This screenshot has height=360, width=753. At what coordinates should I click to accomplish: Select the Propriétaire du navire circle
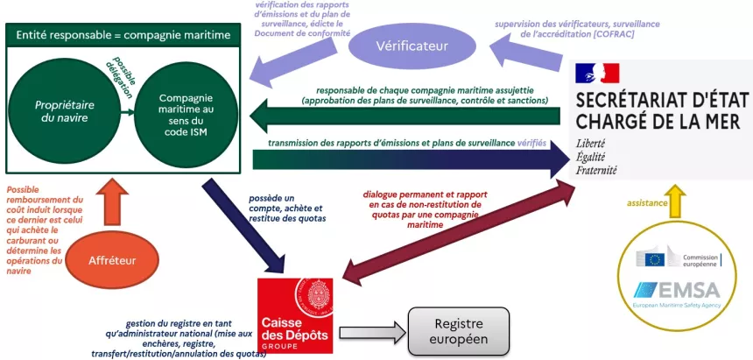point(64,110)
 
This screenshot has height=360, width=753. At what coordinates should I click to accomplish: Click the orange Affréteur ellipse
point(111,260)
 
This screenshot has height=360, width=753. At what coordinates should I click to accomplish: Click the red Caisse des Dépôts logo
point(297,314)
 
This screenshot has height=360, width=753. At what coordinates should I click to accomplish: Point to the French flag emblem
point(598,74)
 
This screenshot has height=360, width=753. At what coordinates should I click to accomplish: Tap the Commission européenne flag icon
point(653,258)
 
